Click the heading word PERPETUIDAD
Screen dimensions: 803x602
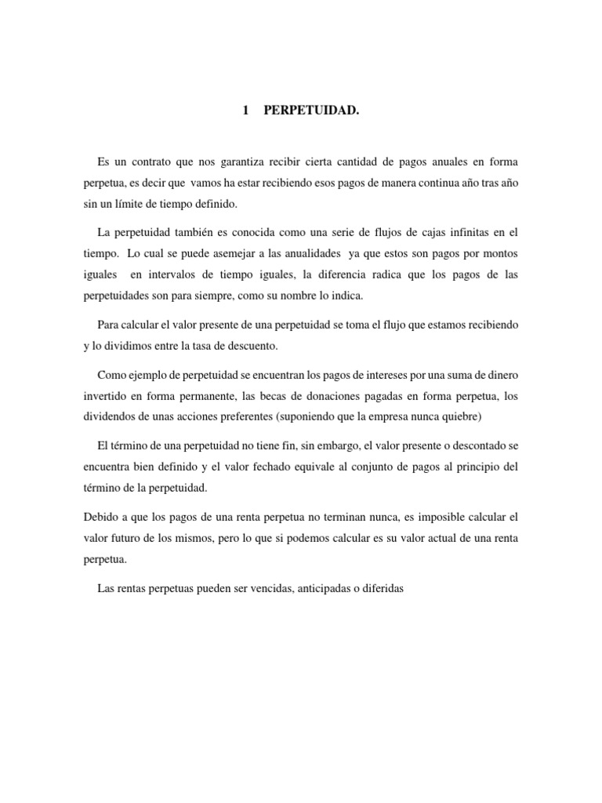tap(312, 111)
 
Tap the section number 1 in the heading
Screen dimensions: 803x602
tap(245, 111)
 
